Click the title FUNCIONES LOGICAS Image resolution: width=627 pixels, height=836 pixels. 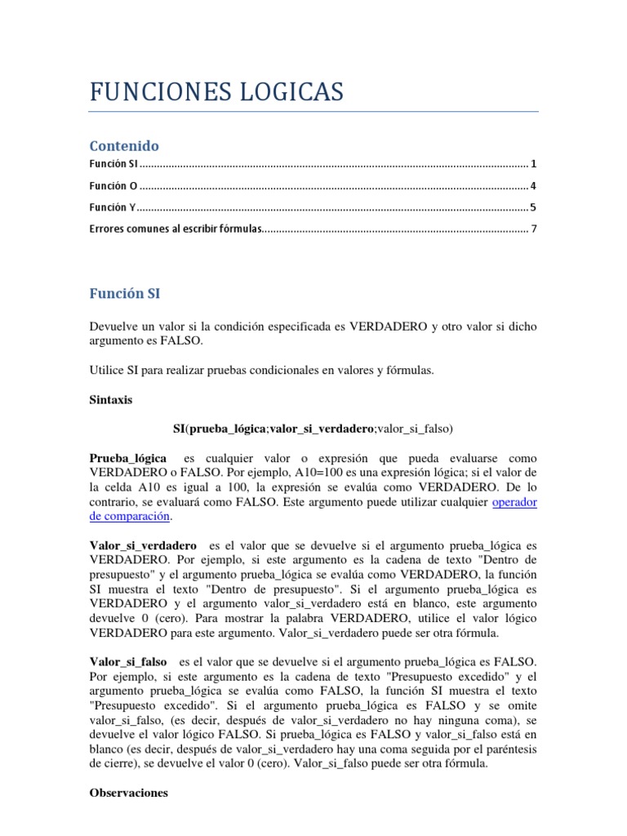pos(216,91)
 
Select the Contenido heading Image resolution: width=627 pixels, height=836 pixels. pos(124,145)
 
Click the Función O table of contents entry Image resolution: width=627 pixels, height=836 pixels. pos(113,185)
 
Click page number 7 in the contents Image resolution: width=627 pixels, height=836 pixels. pos(533,229)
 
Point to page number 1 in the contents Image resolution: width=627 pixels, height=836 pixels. pos(533,164)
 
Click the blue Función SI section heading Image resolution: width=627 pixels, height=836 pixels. pos(130,293)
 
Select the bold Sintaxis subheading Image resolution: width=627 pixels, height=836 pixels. pos(110,401)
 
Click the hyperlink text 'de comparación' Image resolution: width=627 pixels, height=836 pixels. pos(130,516)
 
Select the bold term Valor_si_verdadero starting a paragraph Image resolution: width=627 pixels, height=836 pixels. pos(143,545)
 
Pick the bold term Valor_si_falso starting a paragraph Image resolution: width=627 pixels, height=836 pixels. pos(127,660)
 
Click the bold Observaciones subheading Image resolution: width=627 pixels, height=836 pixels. pos(128,792)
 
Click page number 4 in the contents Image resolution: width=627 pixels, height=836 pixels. pos(533,185)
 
